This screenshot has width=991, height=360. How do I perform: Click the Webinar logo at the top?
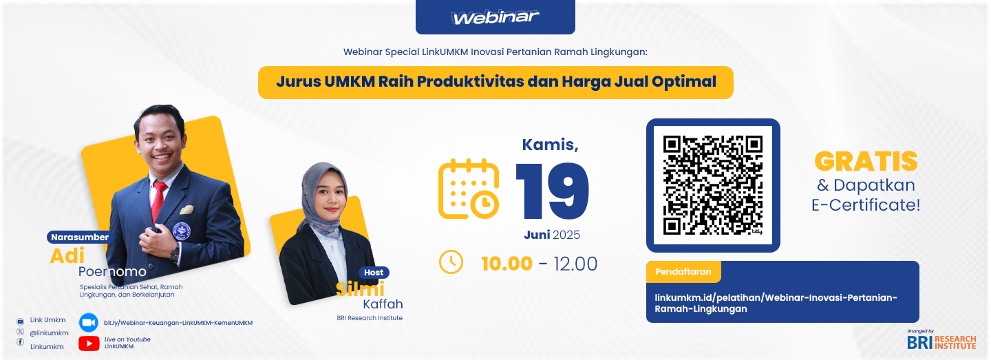[x=495, y=17]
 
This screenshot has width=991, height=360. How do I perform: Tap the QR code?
[x=713, y=185]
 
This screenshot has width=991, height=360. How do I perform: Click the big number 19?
[x=553, y=191]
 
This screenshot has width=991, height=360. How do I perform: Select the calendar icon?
[x=469, y=189]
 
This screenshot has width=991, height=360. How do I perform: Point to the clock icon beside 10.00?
[x=451, y=262]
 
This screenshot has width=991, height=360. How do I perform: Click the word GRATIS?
[x=866, y=162]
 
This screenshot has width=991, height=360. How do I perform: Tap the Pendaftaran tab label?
[x=683, y=271]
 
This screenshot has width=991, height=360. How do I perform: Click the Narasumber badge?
[x=80, y=237]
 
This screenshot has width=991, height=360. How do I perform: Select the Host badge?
[x=374, y=273]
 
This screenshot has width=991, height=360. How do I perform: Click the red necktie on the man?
[x=158, y=201]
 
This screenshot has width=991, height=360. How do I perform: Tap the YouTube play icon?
[x=89, y=343]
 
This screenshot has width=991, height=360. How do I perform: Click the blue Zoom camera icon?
[x=89, y=322]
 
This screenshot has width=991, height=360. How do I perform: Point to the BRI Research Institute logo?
[x=941, y=341]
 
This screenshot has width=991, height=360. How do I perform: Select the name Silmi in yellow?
[x=360, y=289]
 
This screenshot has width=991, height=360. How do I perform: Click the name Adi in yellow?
[x=67, y=256]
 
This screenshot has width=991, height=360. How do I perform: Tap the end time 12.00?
[x=575, y=264]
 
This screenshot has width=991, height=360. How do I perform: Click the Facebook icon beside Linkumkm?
[x=21, y=342]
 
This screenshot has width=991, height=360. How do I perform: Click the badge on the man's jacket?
[x=181, y=231]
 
